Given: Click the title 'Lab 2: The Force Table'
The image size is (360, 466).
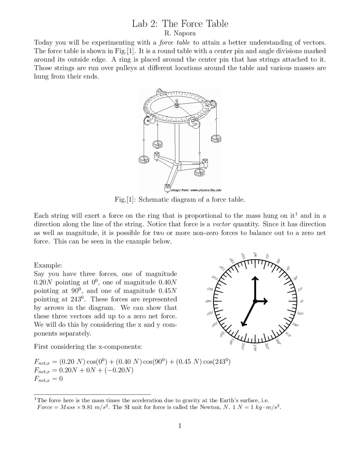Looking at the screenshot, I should [180, 24].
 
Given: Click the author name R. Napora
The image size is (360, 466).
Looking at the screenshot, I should [180, 33].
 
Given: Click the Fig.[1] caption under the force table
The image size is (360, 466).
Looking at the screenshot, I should [180, 200].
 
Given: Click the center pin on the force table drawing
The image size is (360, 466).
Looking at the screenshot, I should [177, 104].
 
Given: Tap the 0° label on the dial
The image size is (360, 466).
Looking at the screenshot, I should [302, 301].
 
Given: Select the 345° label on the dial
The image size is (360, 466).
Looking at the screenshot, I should [300, 313].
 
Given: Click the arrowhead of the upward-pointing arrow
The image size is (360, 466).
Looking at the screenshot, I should [255, 279].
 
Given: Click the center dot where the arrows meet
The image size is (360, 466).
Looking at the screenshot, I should [255, 301].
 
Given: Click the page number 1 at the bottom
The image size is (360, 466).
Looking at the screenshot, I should [180, 426].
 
